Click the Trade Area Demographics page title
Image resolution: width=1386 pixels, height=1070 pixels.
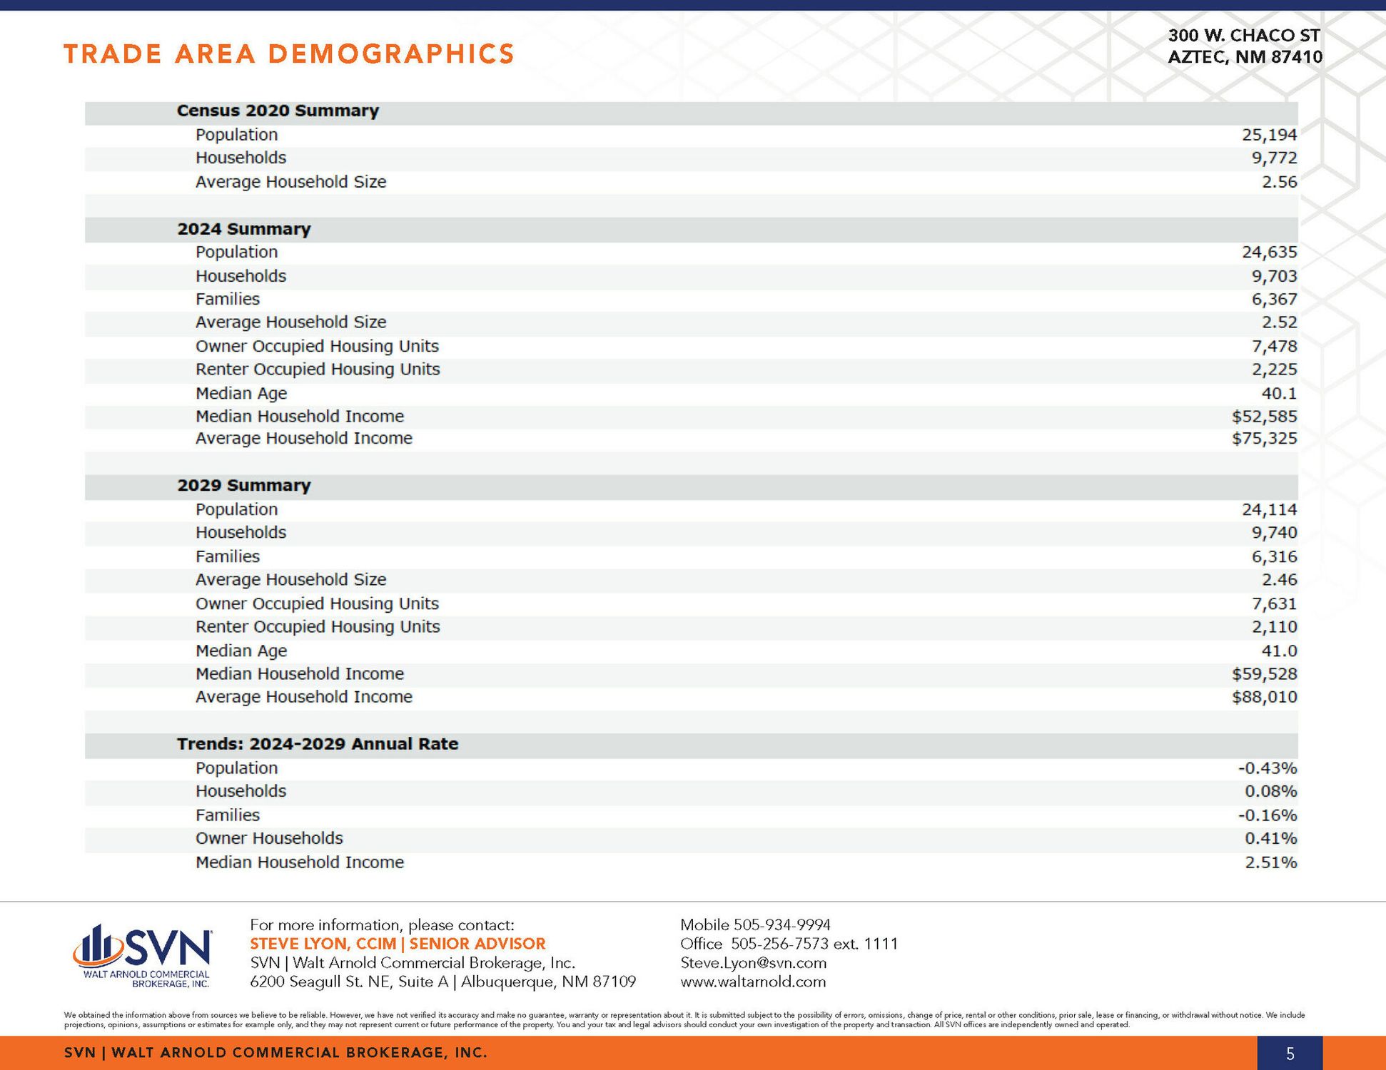point(289,54)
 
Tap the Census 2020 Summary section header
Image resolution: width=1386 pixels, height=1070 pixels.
point(278,111)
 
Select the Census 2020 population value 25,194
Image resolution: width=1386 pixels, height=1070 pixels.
point(1269,135)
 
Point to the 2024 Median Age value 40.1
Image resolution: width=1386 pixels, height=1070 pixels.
point(1279,393)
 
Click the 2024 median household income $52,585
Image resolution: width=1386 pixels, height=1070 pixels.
point(1264,417)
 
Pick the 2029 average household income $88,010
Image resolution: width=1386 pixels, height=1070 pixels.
point(1264,697)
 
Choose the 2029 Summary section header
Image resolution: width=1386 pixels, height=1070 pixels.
point(244,486)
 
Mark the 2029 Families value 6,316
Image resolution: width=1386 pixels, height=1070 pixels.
point(1274,556)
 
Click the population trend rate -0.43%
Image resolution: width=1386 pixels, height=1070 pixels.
point(1267,768)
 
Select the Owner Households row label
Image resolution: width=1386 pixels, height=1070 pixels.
point(269,838)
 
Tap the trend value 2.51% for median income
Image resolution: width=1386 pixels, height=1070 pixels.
point(1270,862)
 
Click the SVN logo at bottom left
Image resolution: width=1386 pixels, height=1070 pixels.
point(143,954)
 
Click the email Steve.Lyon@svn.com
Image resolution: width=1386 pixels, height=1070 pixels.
point(754,963)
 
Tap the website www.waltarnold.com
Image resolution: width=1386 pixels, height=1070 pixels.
point(753,982)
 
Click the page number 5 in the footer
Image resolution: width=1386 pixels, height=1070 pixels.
point(1290,1054)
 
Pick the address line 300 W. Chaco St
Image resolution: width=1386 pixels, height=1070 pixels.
point(1244,36)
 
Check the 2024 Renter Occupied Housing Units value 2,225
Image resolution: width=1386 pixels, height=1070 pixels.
point(1274,370)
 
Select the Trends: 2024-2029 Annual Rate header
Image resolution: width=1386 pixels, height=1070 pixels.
point(318,744)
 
